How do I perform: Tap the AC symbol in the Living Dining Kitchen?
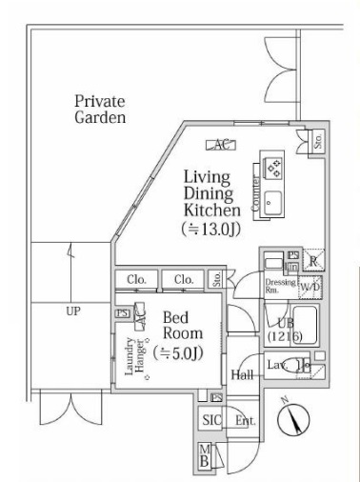(x=221, y=146)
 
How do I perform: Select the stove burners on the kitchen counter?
(x=272, y=169)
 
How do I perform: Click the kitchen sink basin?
(x=273, y=201)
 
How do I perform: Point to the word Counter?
(x=256, y=193)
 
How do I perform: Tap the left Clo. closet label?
(x=134, y=279)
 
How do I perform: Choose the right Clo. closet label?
(x=184, y=279)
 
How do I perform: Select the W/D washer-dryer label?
(x=310, y=287)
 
